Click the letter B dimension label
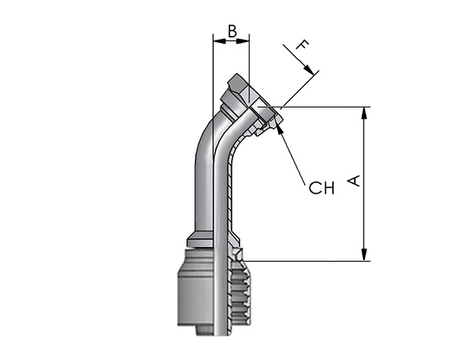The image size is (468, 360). pos(232,31)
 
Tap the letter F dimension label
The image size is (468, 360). pos(303,44)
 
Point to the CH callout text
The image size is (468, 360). pos(321,188)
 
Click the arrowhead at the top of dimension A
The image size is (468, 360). pos(363,113)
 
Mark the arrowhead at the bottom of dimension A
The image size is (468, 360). pos(363,255)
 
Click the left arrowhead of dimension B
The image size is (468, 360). pos(219,41)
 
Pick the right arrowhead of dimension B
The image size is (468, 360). pos(243,41)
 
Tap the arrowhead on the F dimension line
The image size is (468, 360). pos(309,70)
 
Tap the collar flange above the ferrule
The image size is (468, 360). pos(200,241)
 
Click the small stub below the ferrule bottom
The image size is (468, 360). pos(204,330)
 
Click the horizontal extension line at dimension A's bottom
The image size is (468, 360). pos(307,261)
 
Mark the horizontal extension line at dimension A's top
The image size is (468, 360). pos(314,107)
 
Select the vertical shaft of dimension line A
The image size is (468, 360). pos(363,184)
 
